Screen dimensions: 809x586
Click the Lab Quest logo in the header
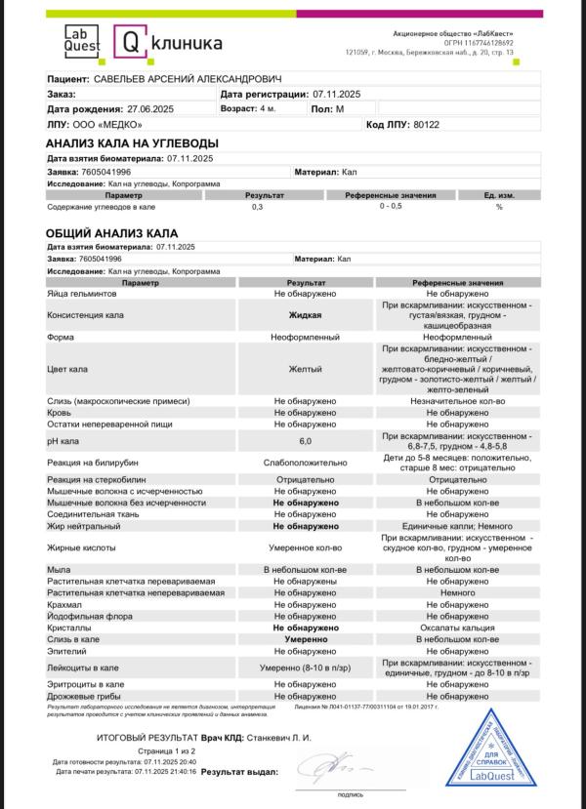pyautogui.click(x=82, y=40)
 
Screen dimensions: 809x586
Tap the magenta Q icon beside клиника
pyautogui.click(x=131, y=41)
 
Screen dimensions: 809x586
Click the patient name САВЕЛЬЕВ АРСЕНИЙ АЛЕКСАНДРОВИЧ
pyautogui.click(x=187, y=78)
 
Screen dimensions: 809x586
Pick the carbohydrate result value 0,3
pyautogui.click(x=258, y=207)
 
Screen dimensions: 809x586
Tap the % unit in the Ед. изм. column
pyautogui.click(x=498, y=207)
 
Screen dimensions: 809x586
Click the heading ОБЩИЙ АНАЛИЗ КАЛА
pyautogui.click(x=111, y=234)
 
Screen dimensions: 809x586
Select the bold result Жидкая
pyautogui.click(x=305, y=315)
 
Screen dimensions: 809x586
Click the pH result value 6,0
pyautogui.click(x=305, y=441)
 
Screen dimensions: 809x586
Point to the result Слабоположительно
pyautogui.click(x=305, y=464)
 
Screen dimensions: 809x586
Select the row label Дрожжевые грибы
pyautogui.click(x=86, y=697)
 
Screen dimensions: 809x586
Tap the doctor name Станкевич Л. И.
pyautogui.click(x=279, y=738)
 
